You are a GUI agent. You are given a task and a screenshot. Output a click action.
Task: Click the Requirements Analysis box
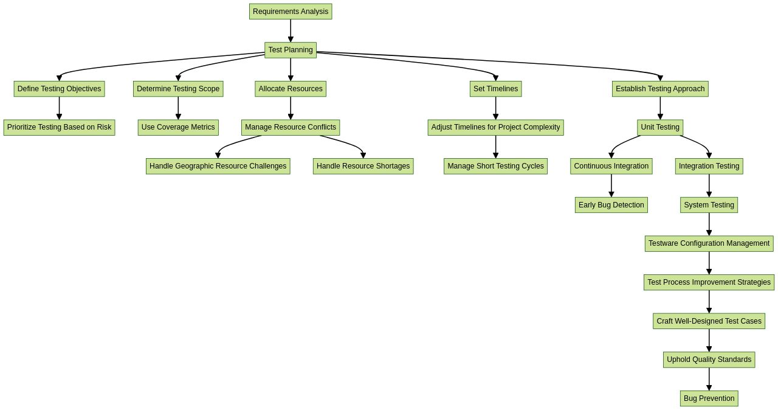(291, 12)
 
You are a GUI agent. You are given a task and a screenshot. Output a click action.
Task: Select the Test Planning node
(291, 50)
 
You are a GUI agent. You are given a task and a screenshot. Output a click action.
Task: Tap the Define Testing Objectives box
(59, 89)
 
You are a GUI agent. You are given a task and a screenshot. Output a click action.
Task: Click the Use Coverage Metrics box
(178, 127)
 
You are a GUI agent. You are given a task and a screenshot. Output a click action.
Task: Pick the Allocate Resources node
(291, 89)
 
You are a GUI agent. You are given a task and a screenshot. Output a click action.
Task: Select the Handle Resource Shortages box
(363, 166)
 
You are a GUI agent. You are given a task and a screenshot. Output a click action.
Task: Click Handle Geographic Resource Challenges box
(218, 166)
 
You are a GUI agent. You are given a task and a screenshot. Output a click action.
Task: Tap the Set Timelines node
(495, 89)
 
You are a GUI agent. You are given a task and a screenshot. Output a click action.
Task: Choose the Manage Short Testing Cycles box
(495, 166)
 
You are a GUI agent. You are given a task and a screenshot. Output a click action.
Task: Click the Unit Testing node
(660, 127)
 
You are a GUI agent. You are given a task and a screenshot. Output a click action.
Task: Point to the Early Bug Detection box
(611, 205)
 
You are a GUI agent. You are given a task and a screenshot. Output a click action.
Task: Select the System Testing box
(709, 205)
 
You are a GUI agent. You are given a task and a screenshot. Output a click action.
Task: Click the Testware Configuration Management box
(709, 243)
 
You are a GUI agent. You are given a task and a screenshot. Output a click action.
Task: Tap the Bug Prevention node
(709, 398)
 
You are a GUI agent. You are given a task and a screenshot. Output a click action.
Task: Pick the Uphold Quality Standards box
(709, 360)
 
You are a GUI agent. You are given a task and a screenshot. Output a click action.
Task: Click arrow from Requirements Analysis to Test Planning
(291, 30)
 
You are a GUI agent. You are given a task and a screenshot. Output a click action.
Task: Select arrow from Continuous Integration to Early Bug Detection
(611, 186)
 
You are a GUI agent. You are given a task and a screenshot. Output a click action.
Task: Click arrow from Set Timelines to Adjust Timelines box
(495, 108)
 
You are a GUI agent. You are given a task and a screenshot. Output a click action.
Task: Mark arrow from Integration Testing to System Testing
(709, 186)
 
